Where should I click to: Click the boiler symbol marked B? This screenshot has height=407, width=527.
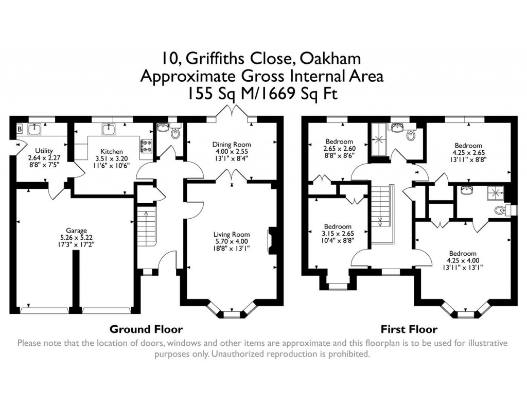point(20,129)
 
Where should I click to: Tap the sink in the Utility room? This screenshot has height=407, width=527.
point(35,128)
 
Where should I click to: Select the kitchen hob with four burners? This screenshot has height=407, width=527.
point(146,146)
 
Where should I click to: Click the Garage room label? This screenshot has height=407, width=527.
point(76,230)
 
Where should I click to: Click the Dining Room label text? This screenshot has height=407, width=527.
point(232,145)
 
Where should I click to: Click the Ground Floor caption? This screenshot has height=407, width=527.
point(146,329)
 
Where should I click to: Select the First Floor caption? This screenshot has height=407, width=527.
point(409,329)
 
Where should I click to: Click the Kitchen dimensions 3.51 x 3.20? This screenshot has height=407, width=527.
point(111,159)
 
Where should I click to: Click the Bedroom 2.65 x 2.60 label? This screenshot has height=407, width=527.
point(339,149)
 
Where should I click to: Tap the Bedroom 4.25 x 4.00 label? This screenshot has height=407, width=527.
point(463,260)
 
